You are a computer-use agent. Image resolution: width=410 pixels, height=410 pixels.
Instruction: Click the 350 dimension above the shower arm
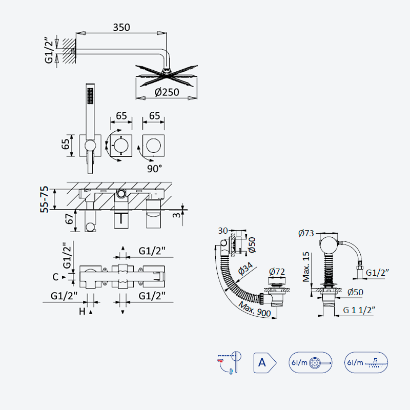point(121,28)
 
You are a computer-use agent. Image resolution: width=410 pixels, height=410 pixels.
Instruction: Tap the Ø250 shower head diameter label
point(167,92)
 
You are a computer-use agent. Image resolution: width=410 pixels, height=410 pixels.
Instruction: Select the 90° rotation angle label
point(154,169)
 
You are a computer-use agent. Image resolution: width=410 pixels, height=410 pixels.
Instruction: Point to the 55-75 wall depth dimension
point(45,199)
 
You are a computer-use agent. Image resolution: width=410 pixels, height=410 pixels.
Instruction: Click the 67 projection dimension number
point(69,219)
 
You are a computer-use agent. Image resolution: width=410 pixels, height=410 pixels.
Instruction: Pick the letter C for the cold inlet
point(55,277)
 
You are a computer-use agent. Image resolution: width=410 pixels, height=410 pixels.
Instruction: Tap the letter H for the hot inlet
point(82,312)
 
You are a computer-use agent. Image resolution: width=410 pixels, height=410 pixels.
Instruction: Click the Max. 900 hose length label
point(255,310)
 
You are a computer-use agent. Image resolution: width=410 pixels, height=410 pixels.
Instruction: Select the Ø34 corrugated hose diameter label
point(246,269)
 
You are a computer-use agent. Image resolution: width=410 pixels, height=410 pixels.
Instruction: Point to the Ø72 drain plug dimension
point(277,272)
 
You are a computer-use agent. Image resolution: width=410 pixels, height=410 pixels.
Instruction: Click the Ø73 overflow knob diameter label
point(306,233)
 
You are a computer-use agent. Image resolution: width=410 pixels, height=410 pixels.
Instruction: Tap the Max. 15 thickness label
point(306,266)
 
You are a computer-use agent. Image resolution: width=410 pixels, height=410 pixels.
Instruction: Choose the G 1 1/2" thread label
point(359,310)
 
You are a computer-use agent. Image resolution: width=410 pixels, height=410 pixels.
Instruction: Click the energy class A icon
point(265,363)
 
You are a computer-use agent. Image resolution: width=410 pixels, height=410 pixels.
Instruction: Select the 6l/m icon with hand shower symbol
point(311,362)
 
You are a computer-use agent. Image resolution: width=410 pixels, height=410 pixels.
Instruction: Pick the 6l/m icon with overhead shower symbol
point(366,362)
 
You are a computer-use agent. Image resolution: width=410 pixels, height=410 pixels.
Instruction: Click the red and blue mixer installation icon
point(229,363)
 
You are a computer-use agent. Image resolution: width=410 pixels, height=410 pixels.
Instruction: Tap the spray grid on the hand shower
point(90,95)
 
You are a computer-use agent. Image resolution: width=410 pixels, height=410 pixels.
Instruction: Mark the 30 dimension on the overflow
point(223,231)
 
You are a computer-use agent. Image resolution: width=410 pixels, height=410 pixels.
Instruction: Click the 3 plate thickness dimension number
point(177,215)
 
